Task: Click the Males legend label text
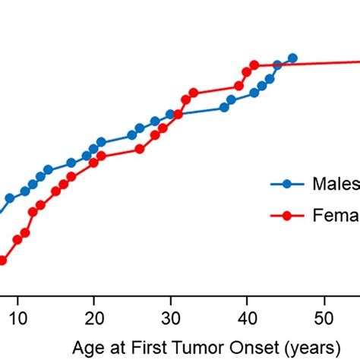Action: click(x=336, y=183)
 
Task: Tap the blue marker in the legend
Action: click(x=287, y=183)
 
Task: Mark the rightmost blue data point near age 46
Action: click(x=292, y=58)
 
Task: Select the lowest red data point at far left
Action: click(x=2, y=261)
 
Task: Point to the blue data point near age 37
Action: click(x=224, y=107)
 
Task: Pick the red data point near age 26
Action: click(x=140, y=149)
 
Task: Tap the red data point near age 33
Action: click(x=194, y=93)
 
